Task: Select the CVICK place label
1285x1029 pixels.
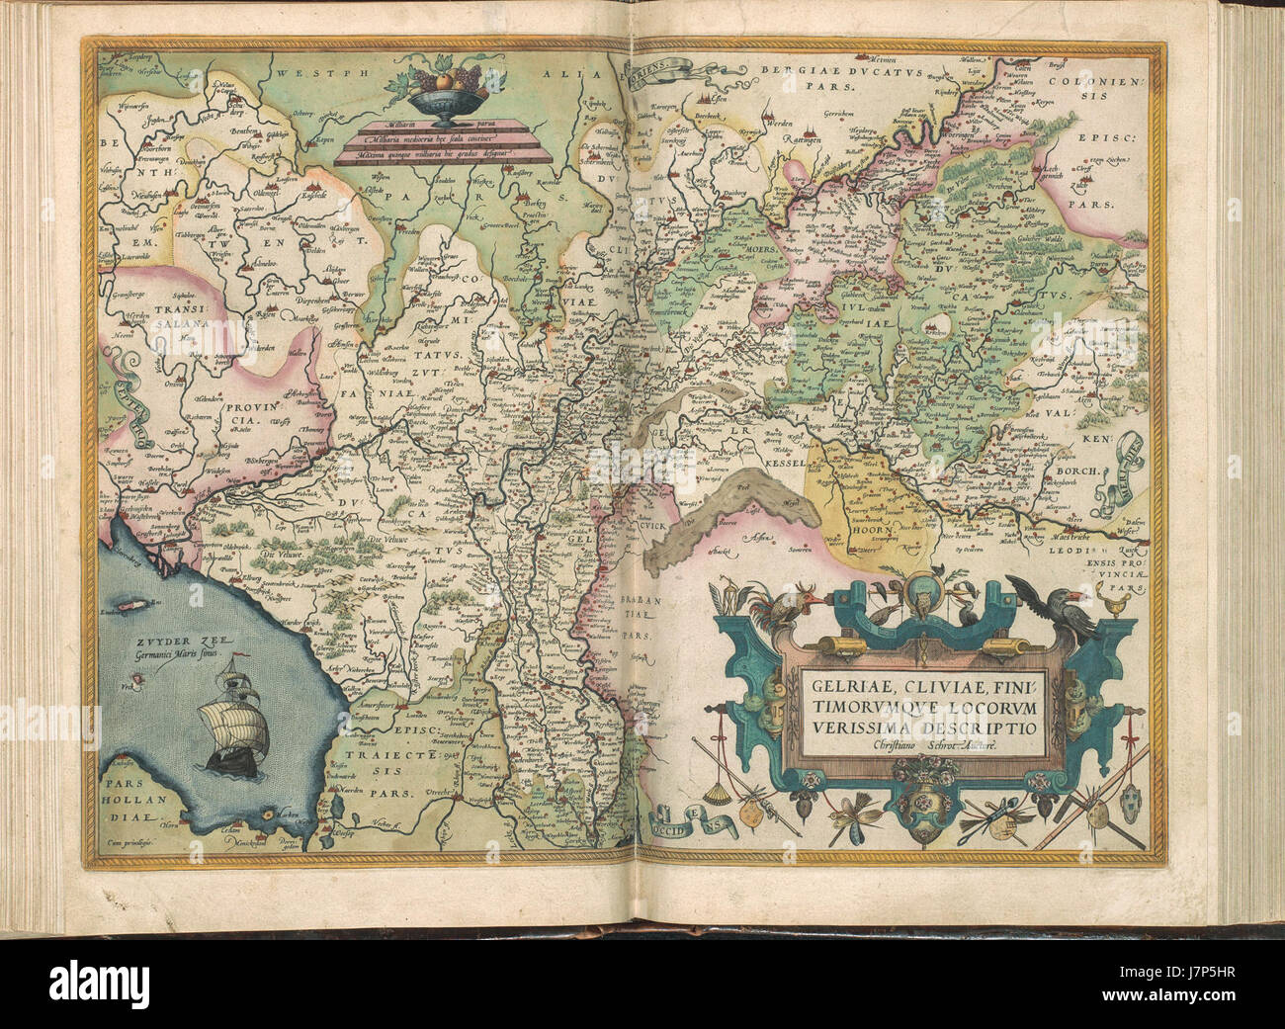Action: tap(642, 526)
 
